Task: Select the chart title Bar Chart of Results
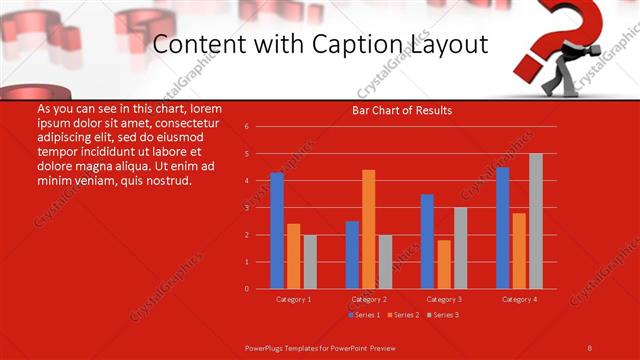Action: coord(402,110)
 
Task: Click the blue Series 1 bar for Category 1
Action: coord(277,231)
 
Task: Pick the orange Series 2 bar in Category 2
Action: coord(369,229)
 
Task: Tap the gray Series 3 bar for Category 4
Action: coord(536,221)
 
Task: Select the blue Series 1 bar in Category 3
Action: coord(427,241)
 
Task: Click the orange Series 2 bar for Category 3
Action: coord(444,264)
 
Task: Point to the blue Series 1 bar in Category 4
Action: coord(503,228)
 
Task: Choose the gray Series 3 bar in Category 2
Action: coord(385,262)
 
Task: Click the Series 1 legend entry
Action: coord(364,315)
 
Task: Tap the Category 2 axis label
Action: coord(369,299)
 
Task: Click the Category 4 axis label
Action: coord(519,299)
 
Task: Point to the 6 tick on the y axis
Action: coord(246,127)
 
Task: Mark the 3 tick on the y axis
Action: coord(246,208)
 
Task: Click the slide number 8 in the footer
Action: coord(590,346)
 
